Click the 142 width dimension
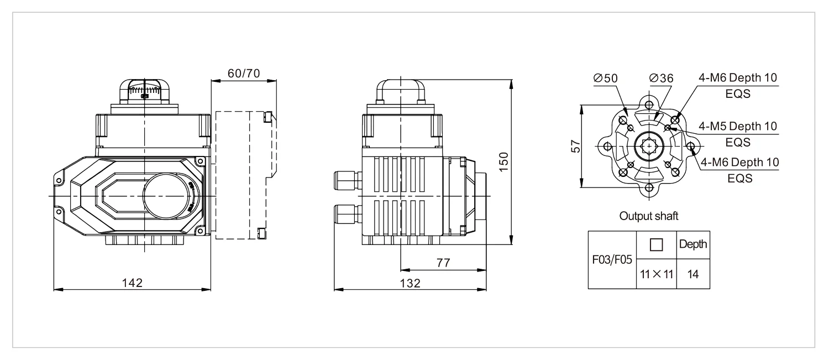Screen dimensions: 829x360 pyautogui.click(x=132, y=283)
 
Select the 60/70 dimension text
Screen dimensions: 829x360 pyautogui.click(x=244, y=74)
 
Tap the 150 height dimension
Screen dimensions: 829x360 pyautogui.click(x=503, y=161)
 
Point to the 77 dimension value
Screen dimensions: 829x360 pyautogui.click(x=443, y=263)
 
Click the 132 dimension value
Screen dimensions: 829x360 pyautogui.click(x=410, y=283)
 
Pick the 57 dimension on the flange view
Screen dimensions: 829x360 pyautogui.click(x=575, y=146)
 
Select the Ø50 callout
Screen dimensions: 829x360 pyautogui.click(x=606, y=78)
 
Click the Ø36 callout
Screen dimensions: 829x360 pyautogui.click(x=661, y=78)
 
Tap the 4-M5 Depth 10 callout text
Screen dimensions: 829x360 pyautogui.click(x=738, y=126)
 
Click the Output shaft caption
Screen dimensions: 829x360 pyautogui.click(x=649, y=216)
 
